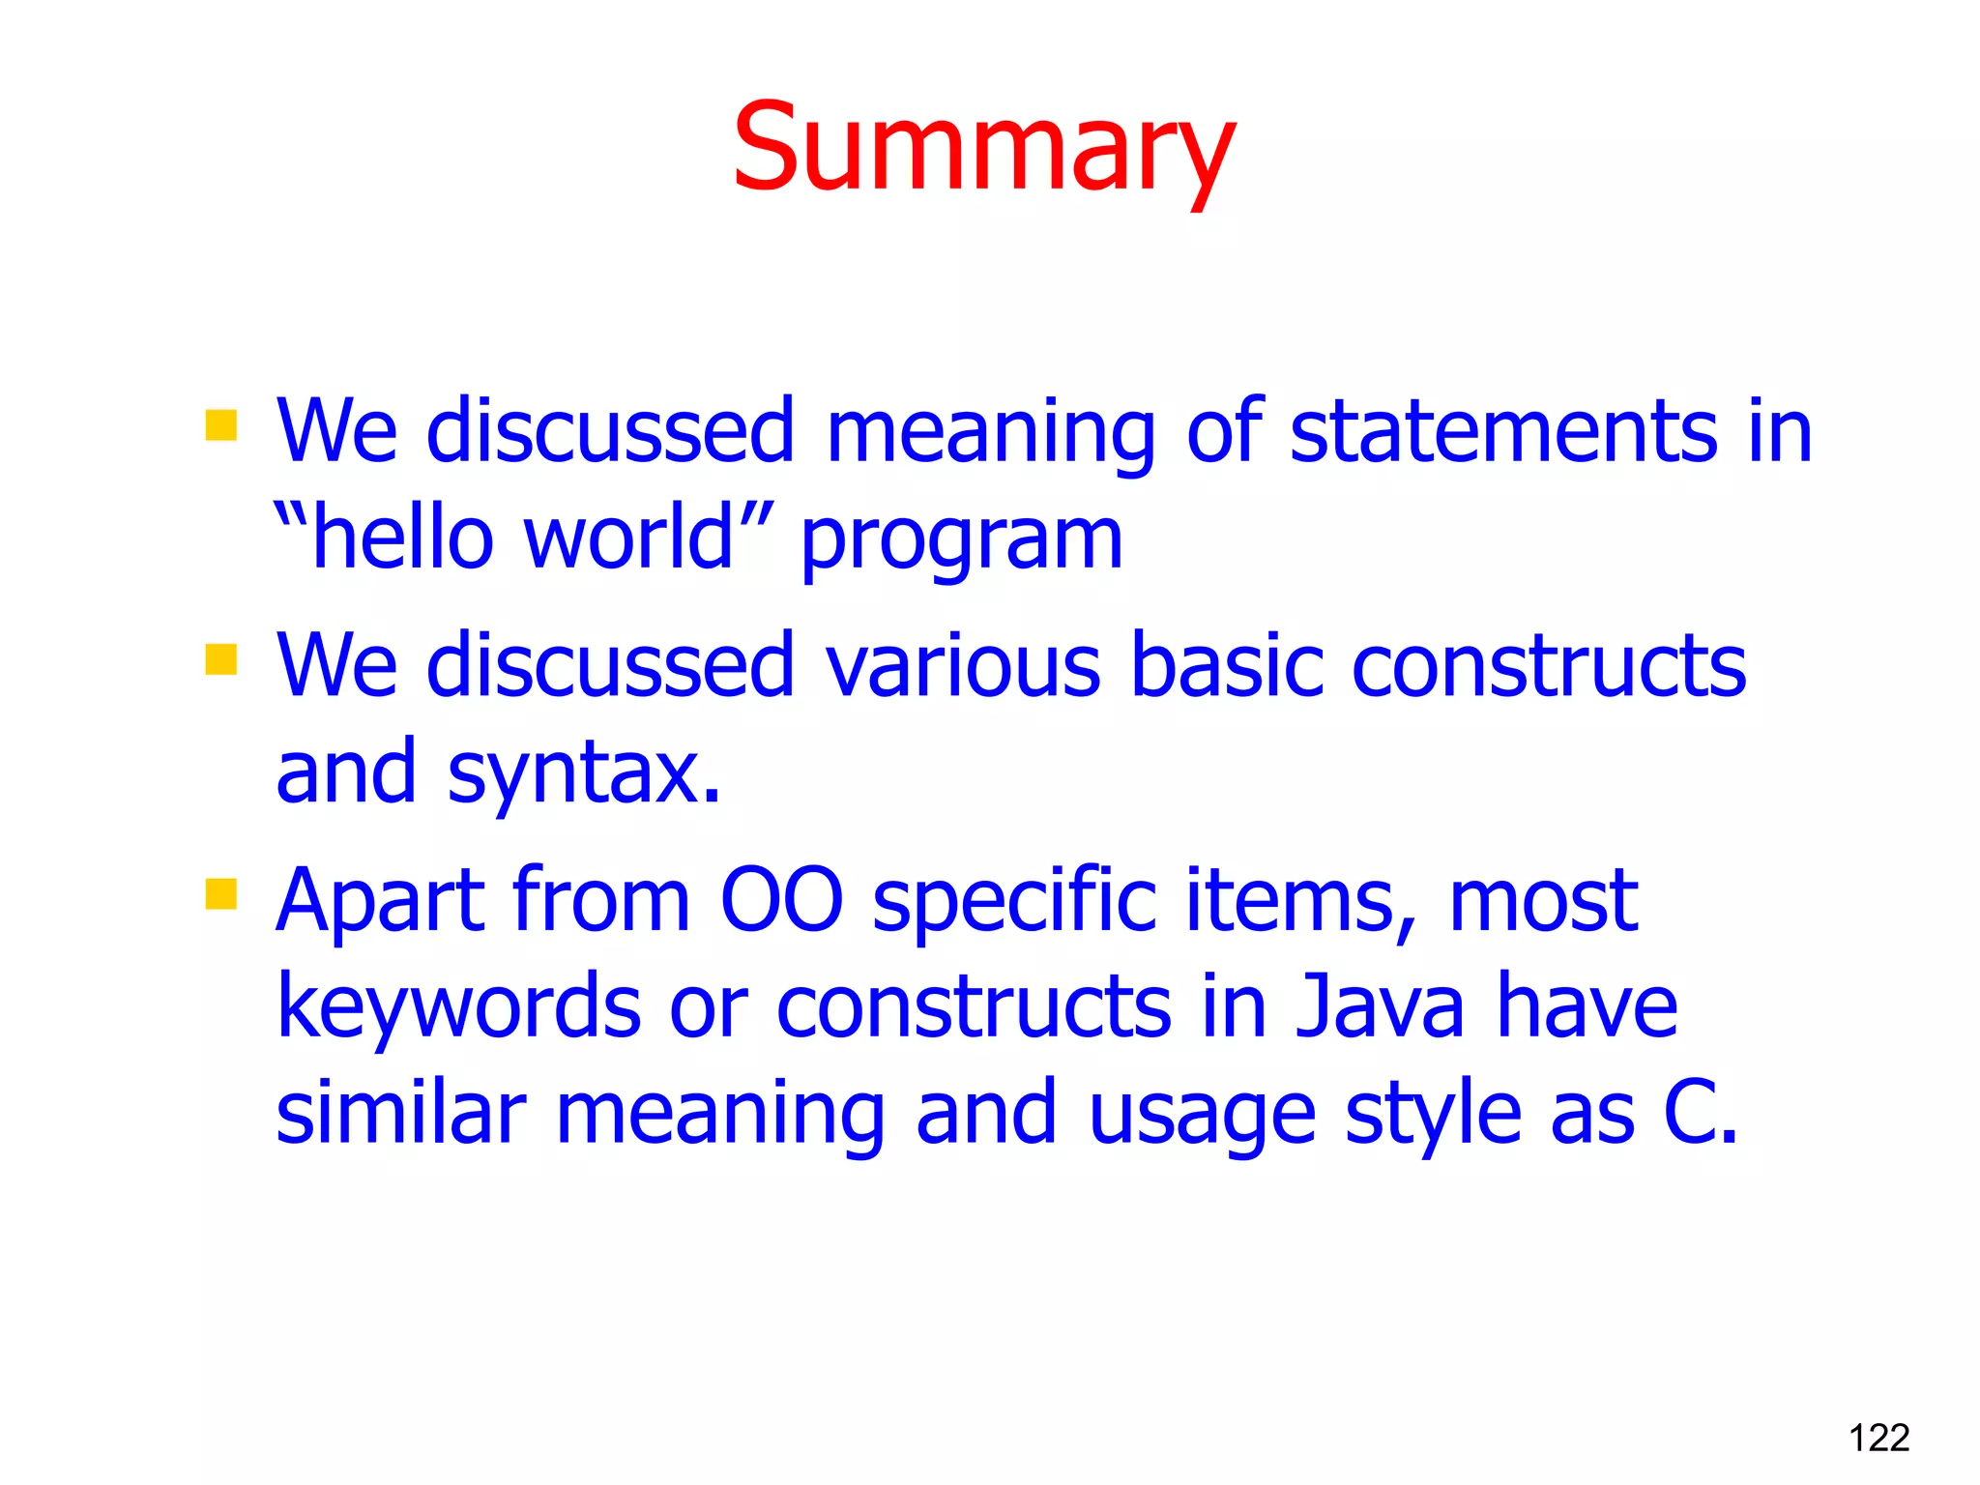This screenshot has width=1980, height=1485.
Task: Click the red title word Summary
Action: pyautogui.click(x=983, y=150)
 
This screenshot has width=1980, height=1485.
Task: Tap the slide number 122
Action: pyautogui.click(x=1878, y=1438)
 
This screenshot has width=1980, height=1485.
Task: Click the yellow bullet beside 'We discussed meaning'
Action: pyautogui.click(x=221, y=425)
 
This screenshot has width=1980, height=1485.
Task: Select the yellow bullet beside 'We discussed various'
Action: pyautogui.click(x=221, y=659)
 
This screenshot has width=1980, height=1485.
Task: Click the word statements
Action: pyautogui.click(x=1503, y=432)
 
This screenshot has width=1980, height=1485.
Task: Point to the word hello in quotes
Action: pyautogui.click(x=402, y=539)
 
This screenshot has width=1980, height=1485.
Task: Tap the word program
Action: pyautogui.click(x=961, y=541)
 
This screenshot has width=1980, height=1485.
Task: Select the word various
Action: pyautogui.click(x=962, y=666)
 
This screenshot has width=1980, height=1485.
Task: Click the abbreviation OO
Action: pyautogui.click(x=781, y=901)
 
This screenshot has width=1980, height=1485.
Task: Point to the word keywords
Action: pyautogui.click(x=458, y=1007)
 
